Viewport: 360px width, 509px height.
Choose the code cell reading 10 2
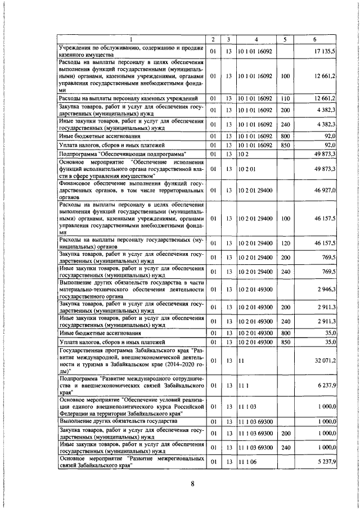242,153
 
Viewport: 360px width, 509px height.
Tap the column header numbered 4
256,39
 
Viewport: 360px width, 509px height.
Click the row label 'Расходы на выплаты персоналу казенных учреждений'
128,98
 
